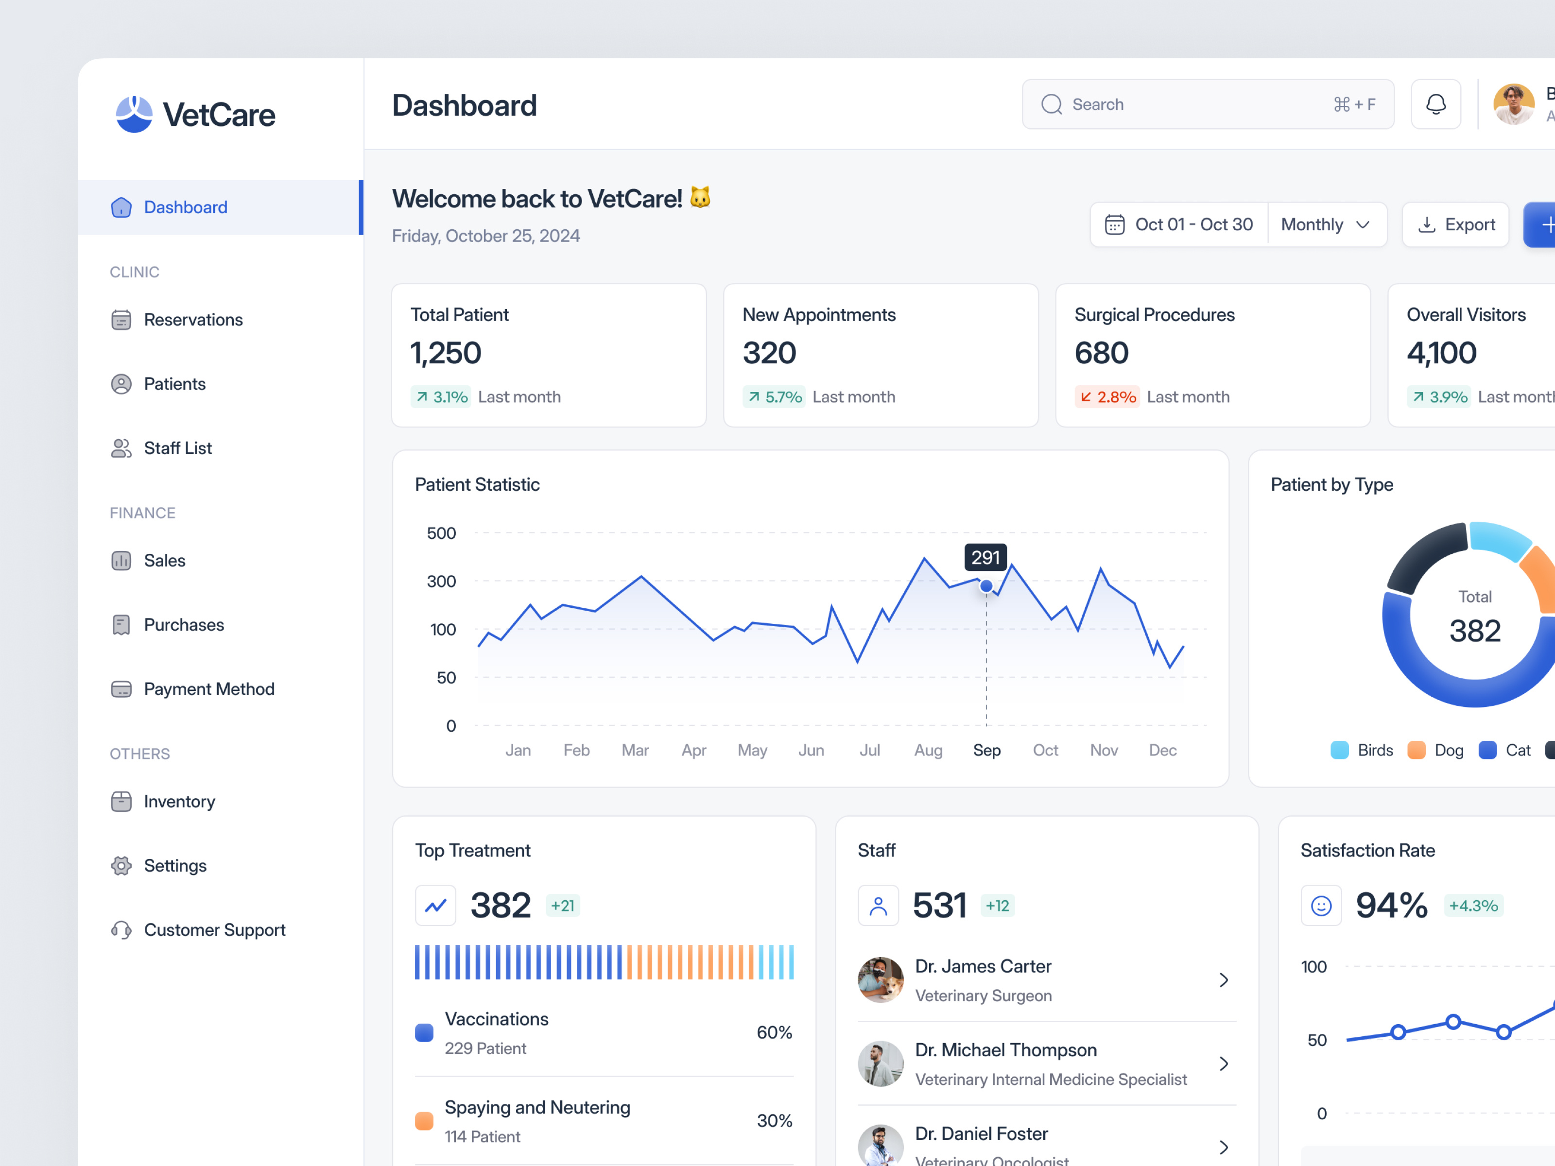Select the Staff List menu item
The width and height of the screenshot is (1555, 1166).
click(177, 448)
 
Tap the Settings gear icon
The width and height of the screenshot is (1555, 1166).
click(121, 866)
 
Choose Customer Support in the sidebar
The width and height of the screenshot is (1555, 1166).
click(214, 930)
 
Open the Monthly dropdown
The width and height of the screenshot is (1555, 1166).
click(1325, 225)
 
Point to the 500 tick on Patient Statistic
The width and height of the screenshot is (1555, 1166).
click(441, 533)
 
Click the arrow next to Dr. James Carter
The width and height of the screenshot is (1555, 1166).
click(1223, 980)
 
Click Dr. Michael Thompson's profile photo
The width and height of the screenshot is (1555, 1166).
click(880, 1063)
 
